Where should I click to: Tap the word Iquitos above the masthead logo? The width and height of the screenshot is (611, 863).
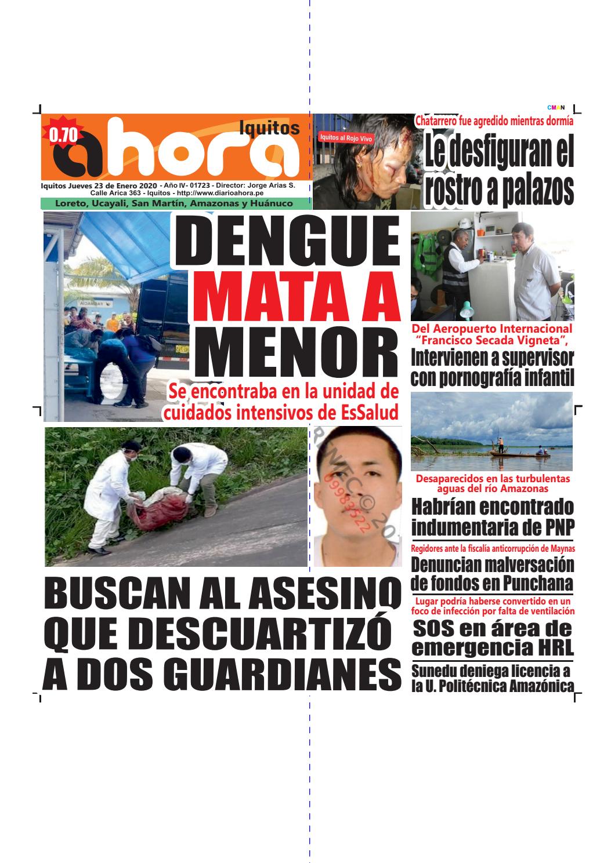[x=269, y=128]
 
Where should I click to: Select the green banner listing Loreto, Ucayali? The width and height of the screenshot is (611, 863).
[x=173, y=203]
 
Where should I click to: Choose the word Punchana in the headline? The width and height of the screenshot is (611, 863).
[x=538, y=582]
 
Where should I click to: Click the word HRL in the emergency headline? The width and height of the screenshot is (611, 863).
[x=552, y=646]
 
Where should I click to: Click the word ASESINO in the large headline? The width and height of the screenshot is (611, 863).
[x=314, y=595]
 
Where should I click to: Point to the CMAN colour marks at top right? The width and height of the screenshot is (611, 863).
[x=556, y=107]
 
